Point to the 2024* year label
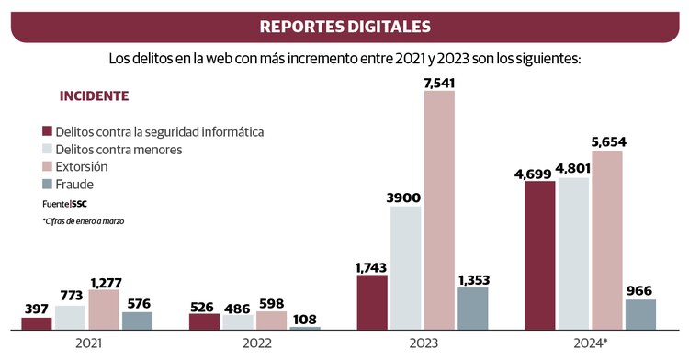point(591,343)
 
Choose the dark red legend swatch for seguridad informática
point(47,131)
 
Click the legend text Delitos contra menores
point(119,149)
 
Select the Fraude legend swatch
point(47,185)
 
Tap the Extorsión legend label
point(81,167)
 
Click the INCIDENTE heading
point(94,96)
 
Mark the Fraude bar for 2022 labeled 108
point(305,327)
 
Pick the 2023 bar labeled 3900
point(405,267)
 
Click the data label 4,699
point(540,173)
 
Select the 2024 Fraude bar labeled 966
point(641,314)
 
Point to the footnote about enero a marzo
point(83,221)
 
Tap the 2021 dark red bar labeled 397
point(37,322)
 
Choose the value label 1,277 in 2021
point(104,282)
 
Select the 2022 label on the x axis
point(255,343)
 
